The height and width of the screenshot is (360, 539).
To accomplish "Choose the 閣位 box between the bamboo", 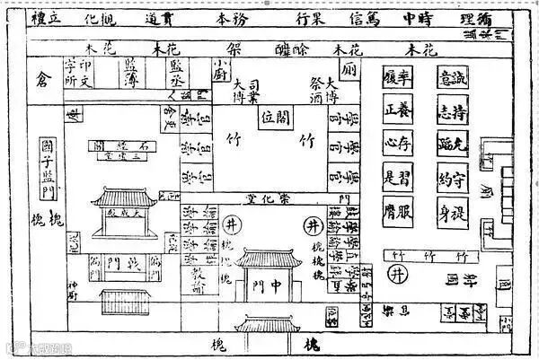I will [x=277, y=117].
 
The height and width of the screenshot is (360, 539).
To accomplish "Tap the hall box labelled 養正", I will [x=396, y=110].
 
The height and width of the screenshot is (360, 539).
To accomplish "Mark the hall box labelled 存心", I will [x=396, y=144].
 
